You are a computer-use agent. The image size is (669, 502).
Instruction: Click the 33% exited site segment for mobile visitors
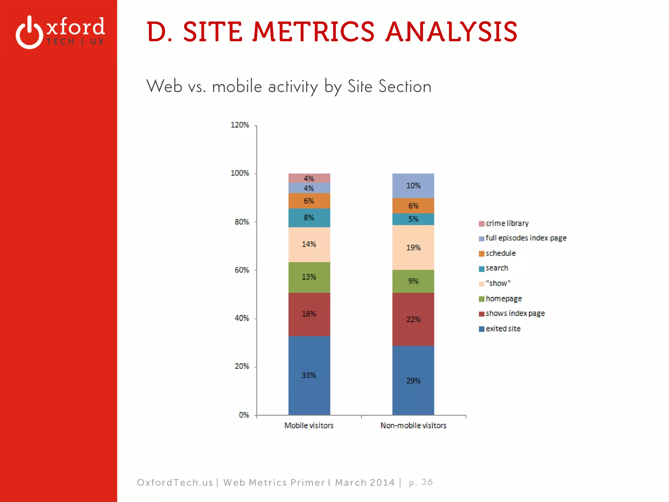coord(309,375)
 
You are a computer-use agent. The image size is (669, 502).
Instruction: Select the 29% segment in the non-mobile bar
coord(413,380)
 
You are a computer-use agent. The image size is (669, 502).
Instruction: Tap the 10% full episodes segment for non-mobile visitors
coord(413,186)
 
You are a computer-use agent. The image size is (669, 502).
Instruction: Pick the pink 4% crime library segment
coord(309,178)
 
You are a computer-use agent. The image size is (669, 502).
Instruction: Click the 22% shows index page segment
coord(413,319)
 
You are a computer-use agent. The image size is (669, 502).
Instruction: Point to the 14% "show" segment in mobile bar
coord(309,244)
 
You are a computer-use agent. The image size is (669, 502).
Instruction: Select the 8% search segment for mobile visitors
coord(309,218)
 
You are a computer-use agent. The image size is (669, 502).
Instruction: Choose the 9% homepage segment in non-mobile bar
coord(413,281)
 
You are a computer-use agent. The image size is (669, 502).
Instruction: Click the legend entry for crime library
coord(507,223)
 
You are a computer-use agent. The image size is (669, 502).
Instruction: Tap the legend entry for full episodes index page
coord(526,238)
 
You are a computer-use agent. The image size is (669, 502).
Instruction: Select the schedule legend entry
coord(500,253)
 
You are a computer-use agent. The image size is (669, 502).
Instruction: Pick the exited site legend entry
coord(503,329)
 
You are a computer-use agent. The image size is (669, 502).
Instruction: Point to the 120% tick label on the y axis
coord(240,125)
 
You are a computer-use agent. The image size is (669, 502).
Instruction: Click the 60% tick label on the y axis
coord(242,270)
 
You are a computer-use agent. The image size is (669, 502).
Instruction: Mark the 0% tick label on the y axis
coord(244,415)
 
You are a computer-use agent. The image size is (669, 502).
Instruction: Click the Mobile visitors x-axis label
coord(309,426)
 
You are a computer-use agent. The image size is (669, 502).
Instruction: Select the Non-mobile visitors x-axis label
coord(413,426)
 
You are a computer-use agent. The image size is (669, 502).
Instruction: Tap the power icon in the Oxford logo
coord(29,33)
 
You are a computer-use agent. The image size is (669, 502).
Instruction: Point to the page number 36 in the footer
coord(427,482)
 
